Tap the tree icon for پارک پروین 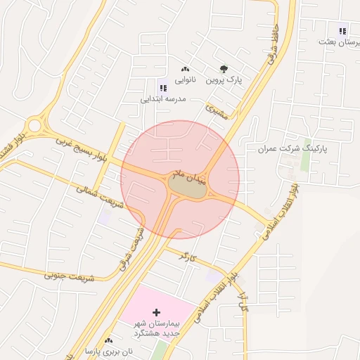(x=224, y=69)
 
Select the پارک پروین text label (x=224, y=80)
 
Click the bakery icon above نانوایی (x=186, y=69)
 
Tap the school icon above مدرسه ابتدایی (x=163, y=88)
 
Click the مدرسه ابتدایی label (x=163, y=99)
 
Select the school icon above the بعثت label (x=342, y=30)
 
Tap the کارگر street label (x=186, y=256)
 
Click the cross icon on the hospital (x=156, y=311)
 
